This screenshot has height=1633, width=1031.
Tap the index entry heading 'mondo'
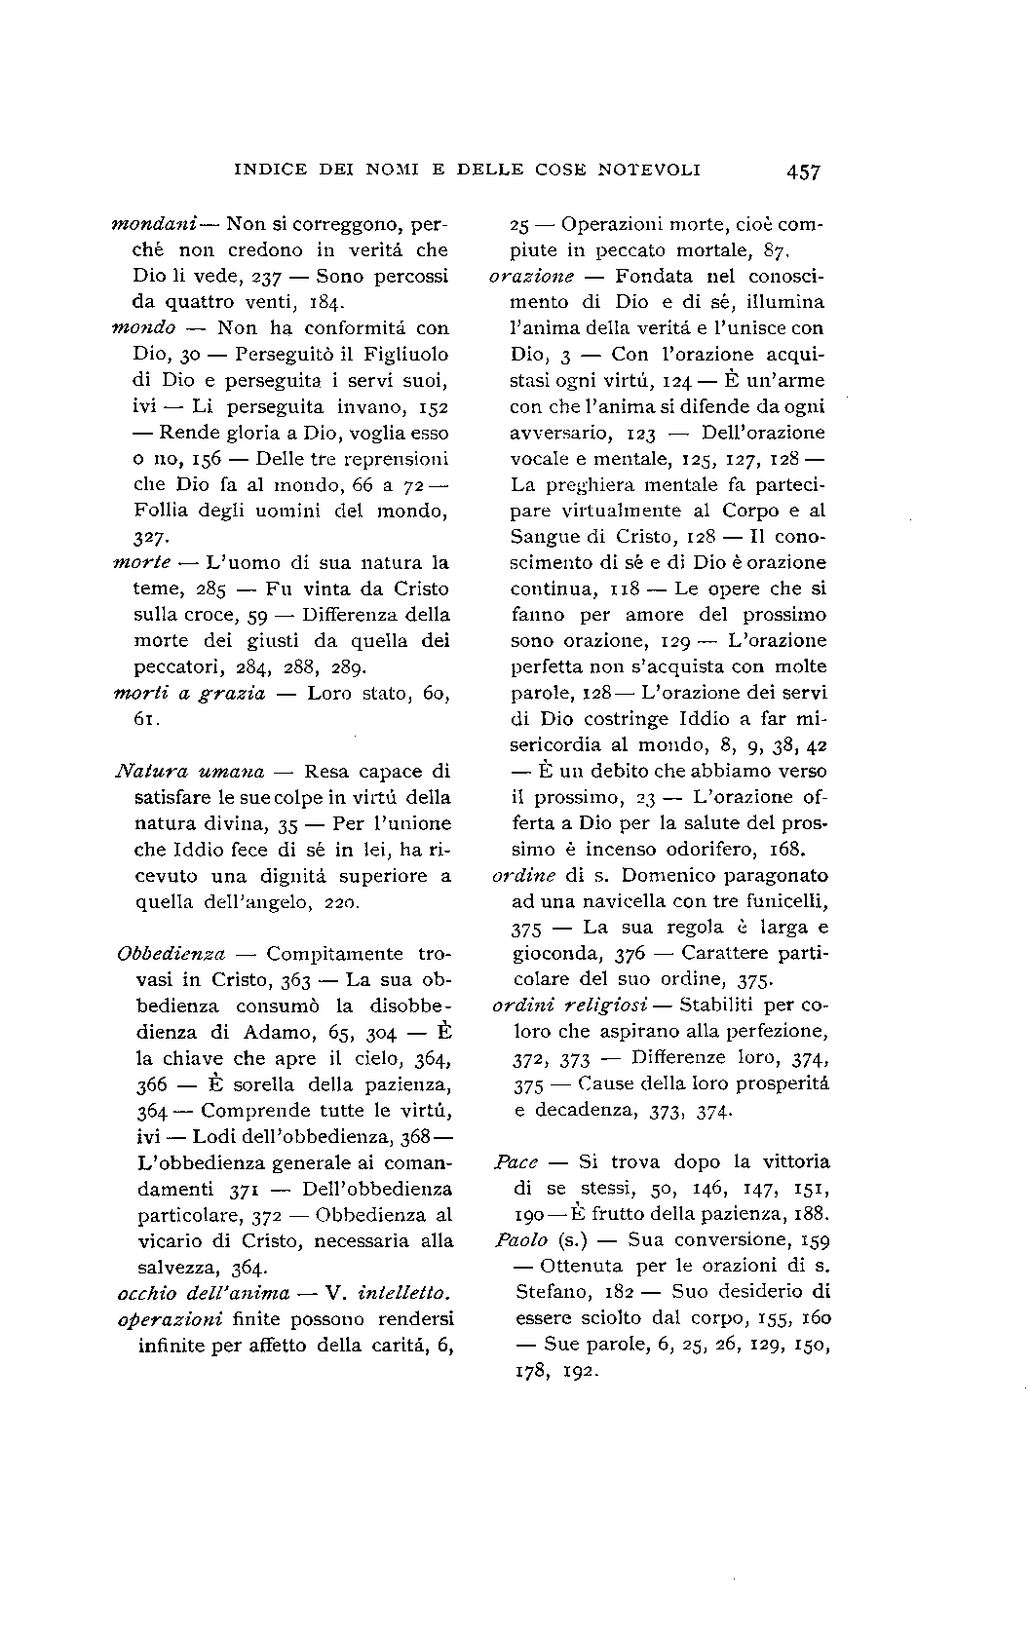[143, 328]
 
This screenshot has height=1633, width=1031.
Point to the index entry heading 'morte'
[143, 562]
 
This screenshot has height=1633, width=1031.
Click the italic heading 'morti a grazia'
[190, 694]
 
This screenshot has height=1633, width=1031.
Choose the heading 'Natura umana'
[190, 772]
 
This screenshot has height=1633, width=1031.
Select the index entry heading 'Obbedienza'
[172, 954]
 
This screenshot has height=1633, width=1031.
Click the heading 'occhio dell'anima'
[204, 1293]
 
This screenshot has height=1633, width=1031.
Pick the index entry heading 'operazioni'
[171, 1319]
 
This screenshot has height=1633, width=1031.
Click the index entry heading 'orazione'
[531, 277]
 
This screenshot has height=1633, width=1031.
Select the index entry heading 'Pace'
[516, 1161]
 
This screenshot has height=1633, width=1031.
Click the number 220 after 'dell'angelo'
[342, 902]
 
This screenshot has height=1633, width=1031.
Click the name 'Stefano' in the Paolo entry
[550, 1292]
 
